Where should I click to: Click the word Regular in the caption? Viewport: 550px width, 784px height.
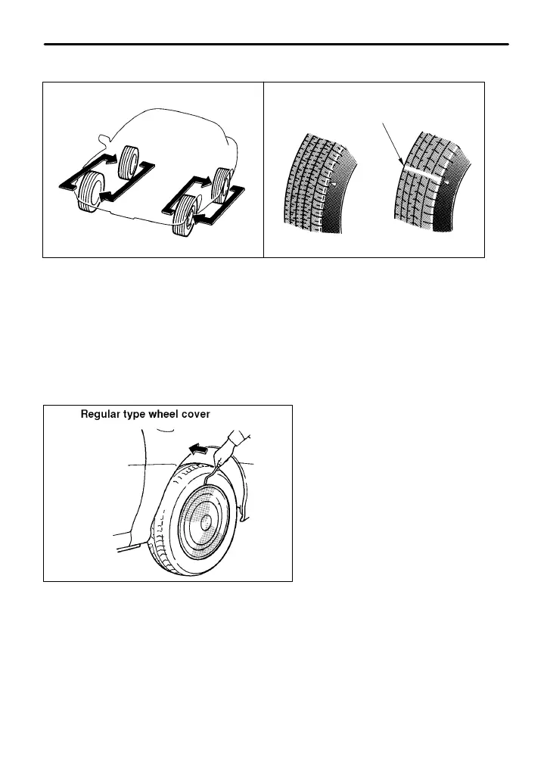click(x=102, y=415)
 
